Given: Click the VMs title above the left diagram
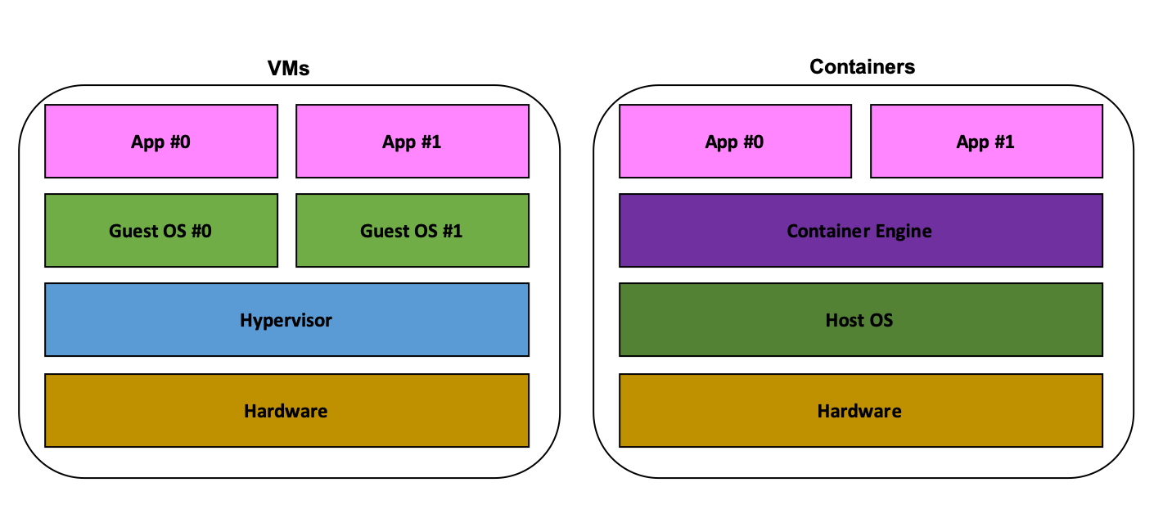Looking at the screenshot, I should pyautogui.click(x=289, y=69).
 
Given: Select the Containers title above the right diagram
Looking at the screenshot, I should pyautogui.click(x=862, y=67).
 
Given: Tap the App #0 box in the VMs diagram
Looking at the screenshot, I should pyautogui.click(x=161, y=141).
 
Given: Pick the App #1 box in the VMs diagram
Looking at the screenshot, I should pyautogui.click(x=412, y=141).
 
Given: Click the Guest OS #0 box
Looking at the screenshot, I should pyautogui.click(x=161, y=231).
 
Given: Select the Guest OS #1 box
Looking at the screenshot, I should pyautogui.click(x=412, y=231).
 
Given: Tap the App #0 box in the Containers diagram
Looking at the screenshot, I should pyautogui.click(x=735, y=141).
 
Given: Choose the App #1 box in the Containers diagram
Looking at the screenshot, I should pyautogui.click(x=985, y=141).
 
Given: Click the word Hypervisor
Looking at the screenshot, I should pyautogui.click(x=286, y=320).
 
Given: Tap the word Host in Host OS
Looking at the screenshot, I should pyautogui.click(x=845, y=320).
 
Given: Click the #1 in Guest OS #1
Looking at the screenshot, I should pyautogui.click(x=451, y=231).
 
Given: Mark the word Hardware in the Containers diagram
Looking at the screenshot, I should pyautogui.click(x=860, y=411).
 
